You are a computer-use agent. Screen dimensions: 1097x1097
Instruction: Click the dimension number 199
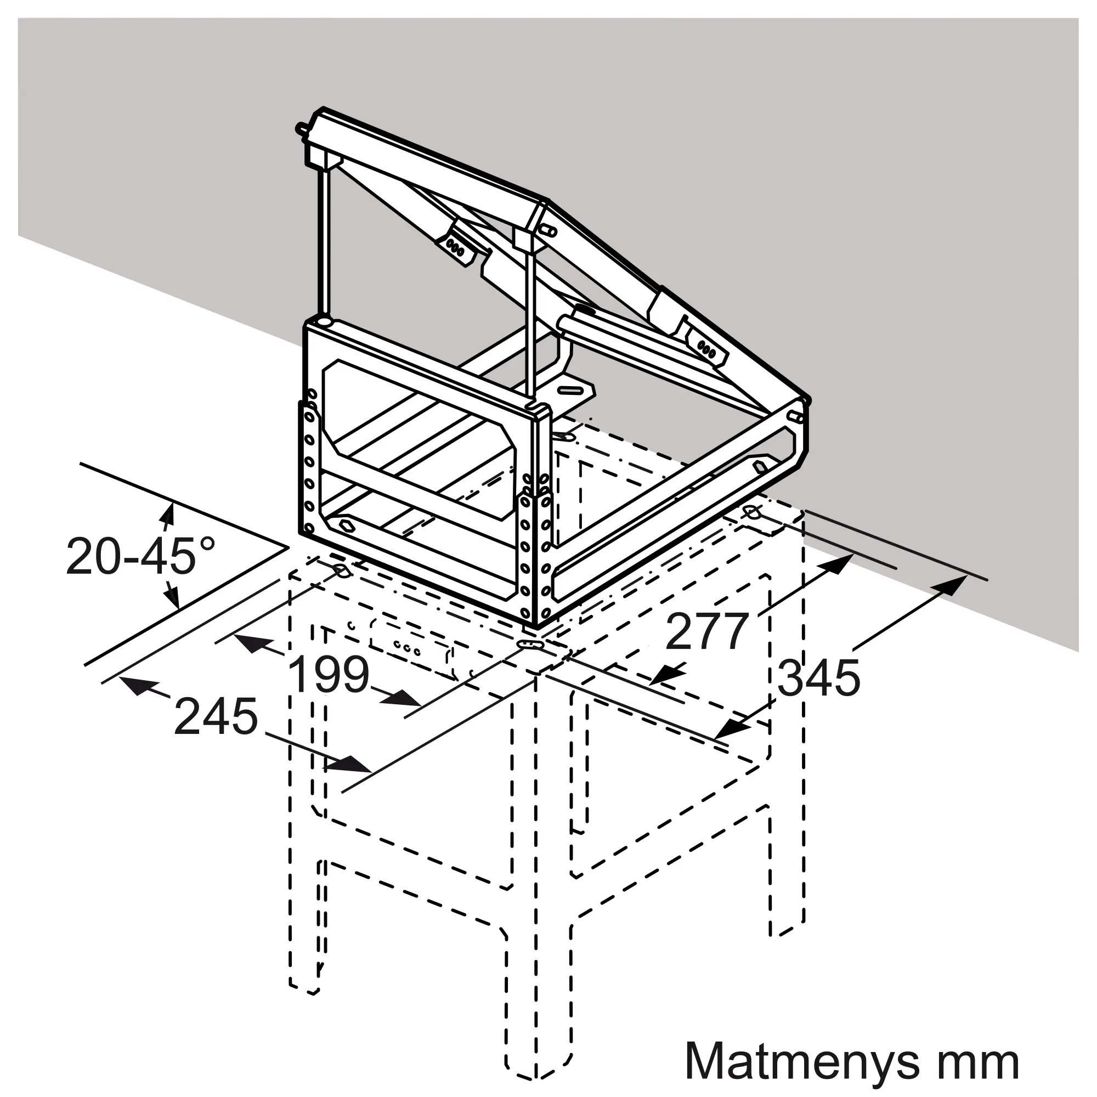click(x=329, y=675)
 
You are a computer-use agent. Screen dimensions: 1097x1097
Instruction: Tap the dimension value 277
click(x=706, y=631)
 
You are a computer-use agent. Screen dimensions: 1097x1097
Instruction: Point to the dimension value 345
click(x=818, y=678)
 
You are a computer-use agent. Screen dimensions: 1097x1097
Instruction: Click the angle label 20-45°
click(x=141, y=556)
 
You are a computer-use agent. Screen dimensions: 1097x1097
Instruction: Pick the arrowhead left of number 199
click(x=252, y=643)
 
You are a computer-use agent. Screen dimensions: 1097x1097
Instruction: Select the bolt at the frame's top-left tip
click(x=303, y=127)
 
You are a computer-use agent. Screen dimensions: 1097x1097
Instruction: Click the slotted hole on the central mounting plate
click(x=572, y=392)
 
